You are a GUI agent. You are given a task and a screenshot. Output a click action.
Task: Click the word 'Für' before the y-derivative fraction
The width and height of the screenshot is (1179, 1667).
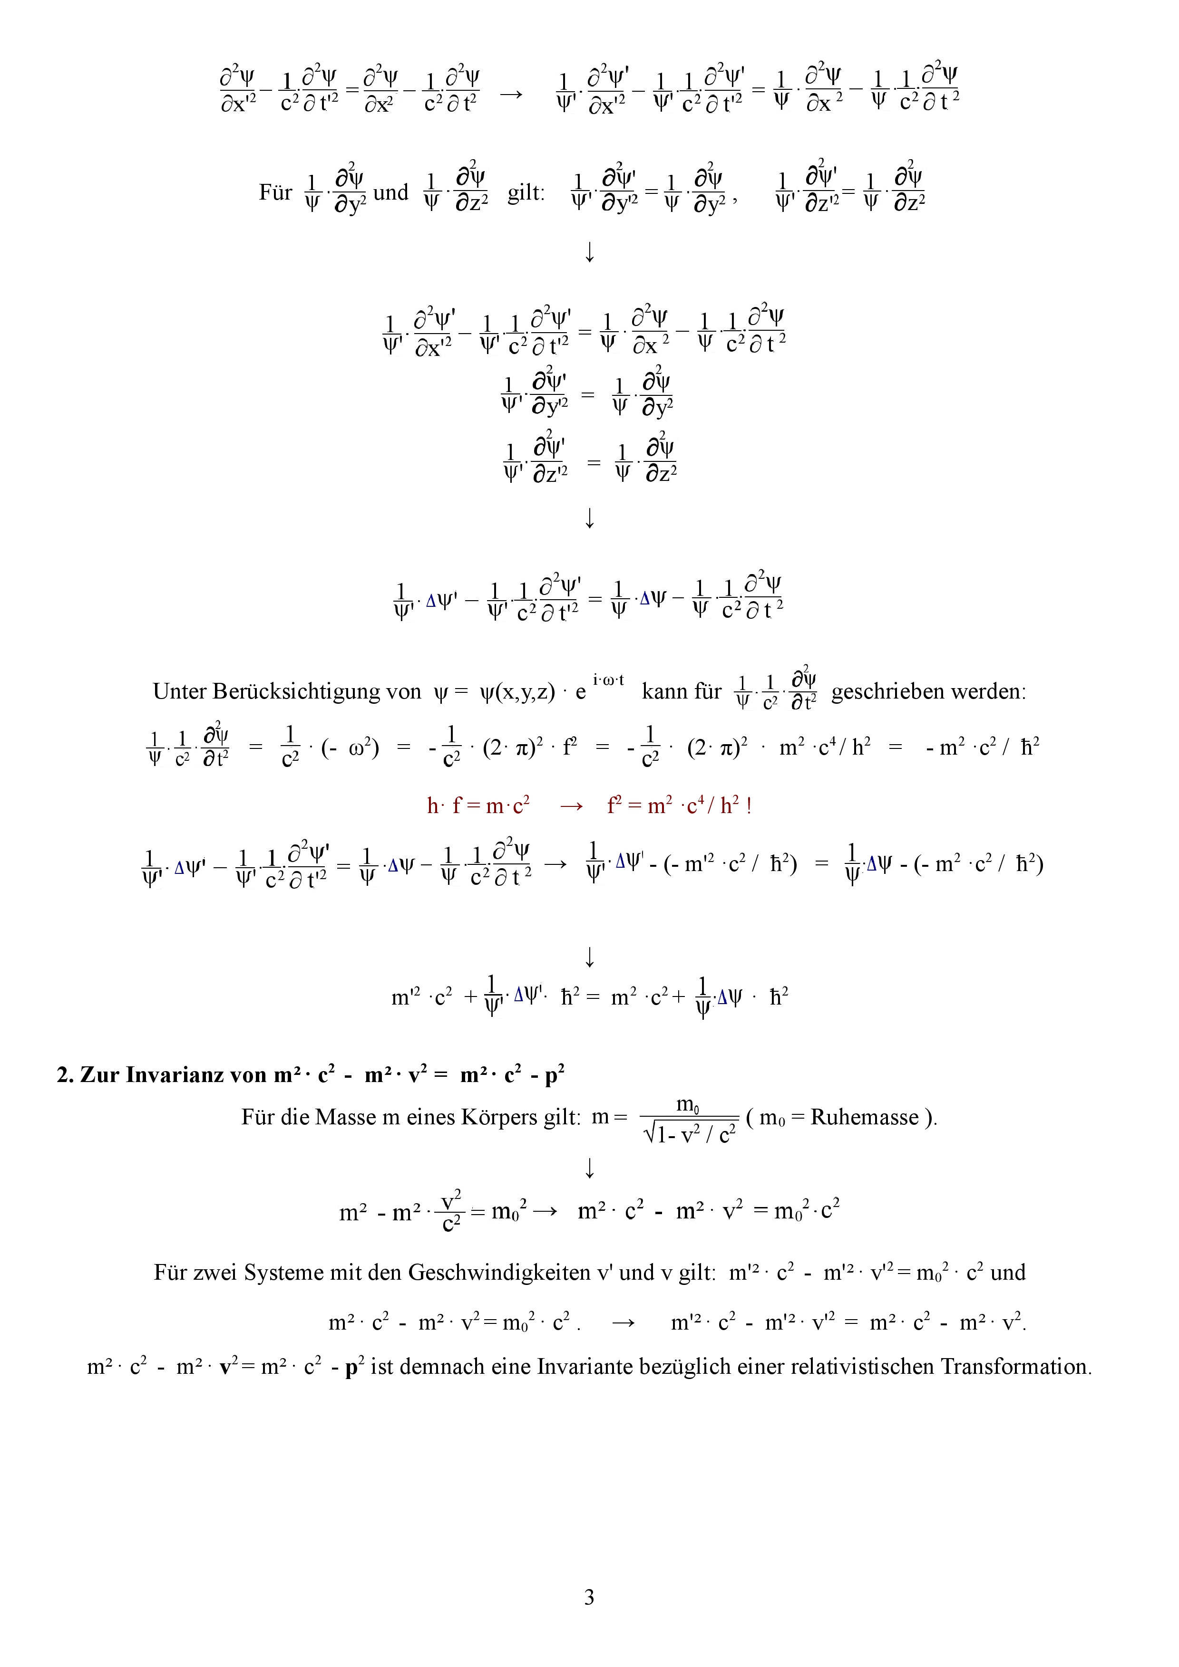tap(275, 193)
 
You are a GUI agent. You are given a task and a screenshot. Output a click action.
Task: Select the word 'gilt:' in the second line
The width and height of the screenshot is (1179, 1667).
tap(526, 193)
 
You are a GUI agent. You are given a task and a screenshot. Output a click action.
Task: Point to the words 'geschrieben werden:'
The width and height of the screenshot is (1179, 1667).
tap(928, 691)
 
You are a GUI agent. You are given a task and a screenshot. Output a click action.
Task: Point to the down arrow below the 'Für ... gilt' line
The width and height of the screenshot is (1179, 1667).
tap(589, 252)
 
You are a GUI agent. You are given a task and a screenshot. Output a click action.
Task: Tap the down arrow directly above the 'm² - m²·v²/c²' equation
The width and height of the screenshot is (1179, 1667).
tap(589, 1168)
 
